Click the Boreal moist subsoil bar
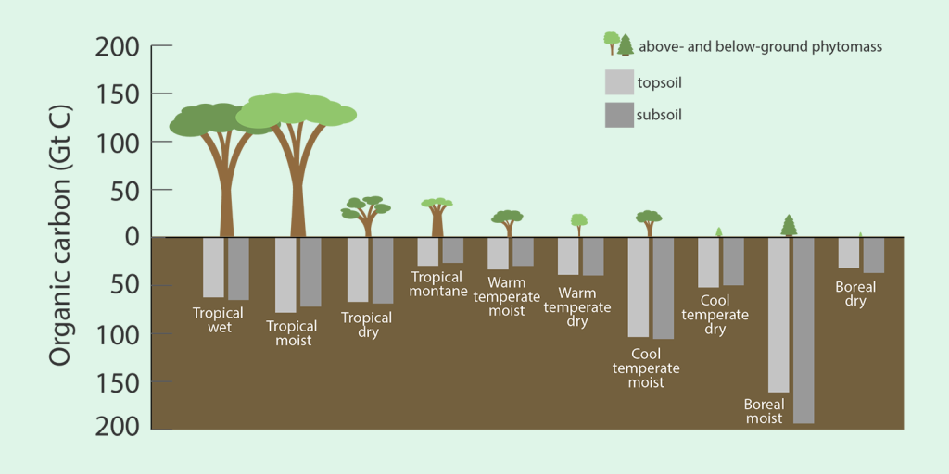803,331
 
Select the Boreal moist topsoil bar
778,315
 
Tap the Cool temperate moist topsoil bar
639,287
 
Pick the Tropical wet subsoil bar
238,268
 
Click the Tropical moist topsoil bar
285,275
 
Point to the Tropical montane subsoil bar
452,250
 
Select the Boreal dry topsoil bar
849,253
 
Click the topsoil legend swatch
618,82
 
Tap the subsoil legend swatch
618,115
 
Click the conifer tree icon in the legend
626,44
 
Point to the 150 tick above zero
118,94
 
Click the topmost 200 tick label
118,46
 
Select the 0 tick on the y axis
131,237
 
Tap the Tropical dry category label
367,325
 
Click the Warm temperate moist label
506,296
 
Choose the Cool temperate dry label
715,315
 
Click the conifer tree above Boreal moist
789,225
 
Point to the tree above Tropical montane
437,217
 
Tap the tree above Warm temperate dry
579,224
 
